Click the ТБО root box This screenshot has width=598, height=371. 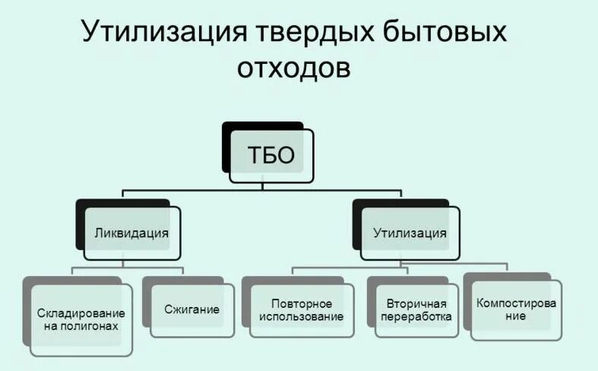(271, 156)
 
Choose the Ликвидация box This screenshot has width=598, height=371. (132, 233)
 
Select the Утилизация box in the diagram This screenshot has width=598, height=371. (410, 233)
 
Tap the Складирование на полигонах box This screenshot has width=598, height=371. (81, 319)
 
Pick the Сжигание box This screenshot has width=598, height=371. (191, 310)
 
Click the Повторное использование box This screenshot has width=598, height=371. (301, 310)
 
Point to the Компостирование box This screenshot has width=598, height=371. (516, 309)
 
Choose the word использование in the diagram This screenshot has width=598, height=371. (301, 317)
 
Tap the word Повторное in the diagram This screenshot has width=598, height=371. (301, 303)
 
